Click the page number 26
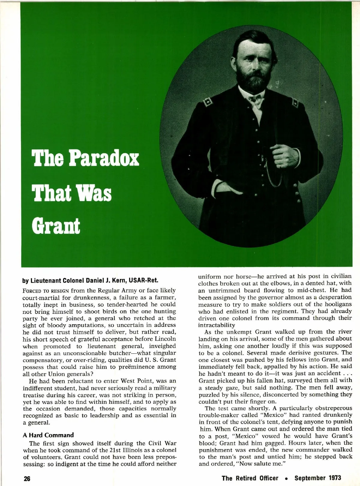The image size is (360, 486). click(27, 478)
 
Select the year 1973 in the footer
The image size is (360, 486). click(333, 478)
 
